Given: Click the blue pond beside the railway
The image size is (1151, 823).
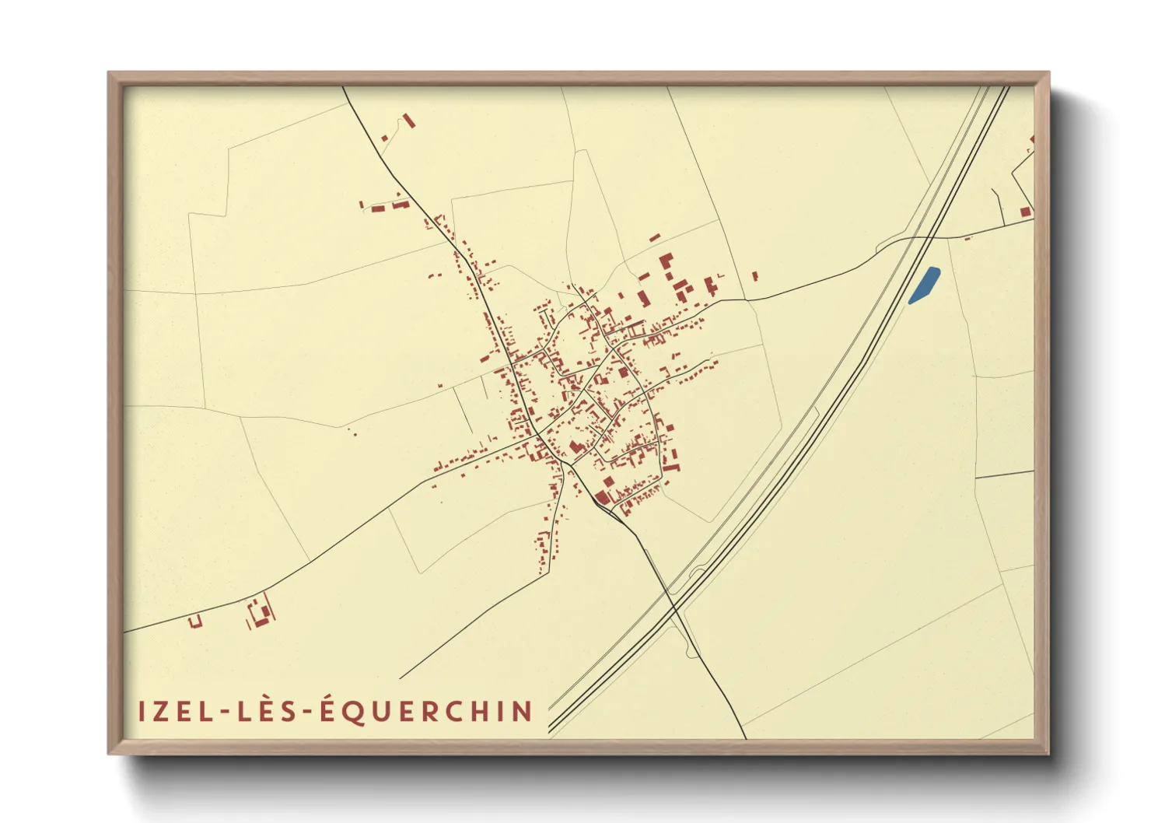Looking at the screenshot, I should click(x=925, y=285).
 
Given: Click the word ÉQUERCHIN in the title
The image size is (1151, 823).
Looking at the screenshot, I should click(x=427, y=710).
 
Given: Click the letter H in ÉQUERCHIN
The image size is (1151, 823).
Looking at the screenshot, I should click(x=479, y=712).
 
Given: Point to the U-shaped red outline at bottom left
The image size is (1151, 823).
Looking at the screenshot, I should click(x=194, y=621).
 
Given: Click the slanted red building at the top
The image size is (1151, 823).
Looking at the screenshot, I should click(x=408, y=121).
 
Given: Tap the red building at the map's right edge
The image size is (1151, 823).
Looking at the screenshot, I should click(x=1026, y=212).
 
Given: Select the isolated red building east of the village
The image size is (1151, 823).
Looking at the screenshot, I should click(x=754, y=275).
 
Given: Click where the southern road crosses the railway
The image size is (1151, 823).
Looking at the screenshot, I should click(x=671, y=595).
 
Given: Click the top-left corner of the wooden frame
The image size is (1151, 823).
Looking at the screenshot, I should click(x=110, y=74).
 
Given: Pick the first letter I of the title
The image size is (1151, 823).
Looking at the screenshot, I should click(x=143, y=712).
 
